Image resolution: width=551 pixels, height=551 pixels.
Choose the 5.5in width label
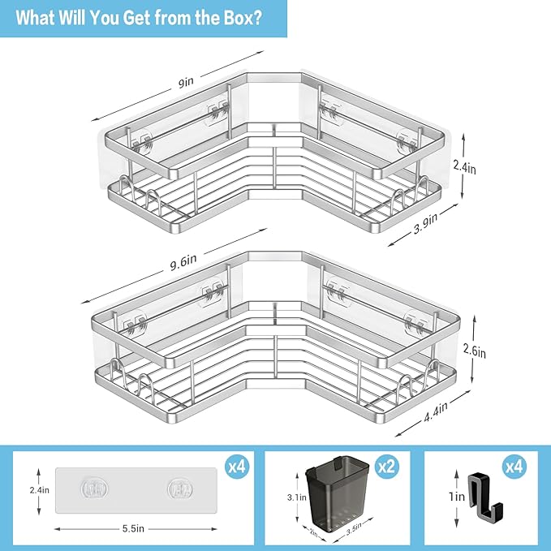pyautogui.click(x=134, y=527)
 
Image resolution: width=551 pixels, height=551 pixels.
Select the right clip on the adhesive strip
pyautogui.click(x=177, y=489)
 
